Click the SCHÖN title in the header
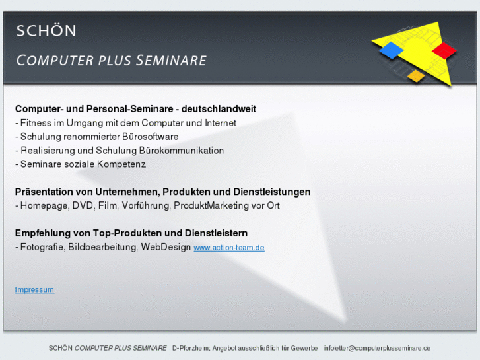(46, 30)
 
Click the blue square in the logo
(392, 50)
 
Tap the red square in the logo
(444, 50)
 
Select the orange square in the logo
(416, 76)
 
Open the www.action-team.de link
(228, 248)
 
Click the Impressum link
(34, 289)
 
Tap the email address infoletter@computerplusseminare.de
(377, 348)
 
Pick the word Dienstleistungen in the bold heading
(272, 192)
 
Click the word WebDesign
(166, 248)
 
